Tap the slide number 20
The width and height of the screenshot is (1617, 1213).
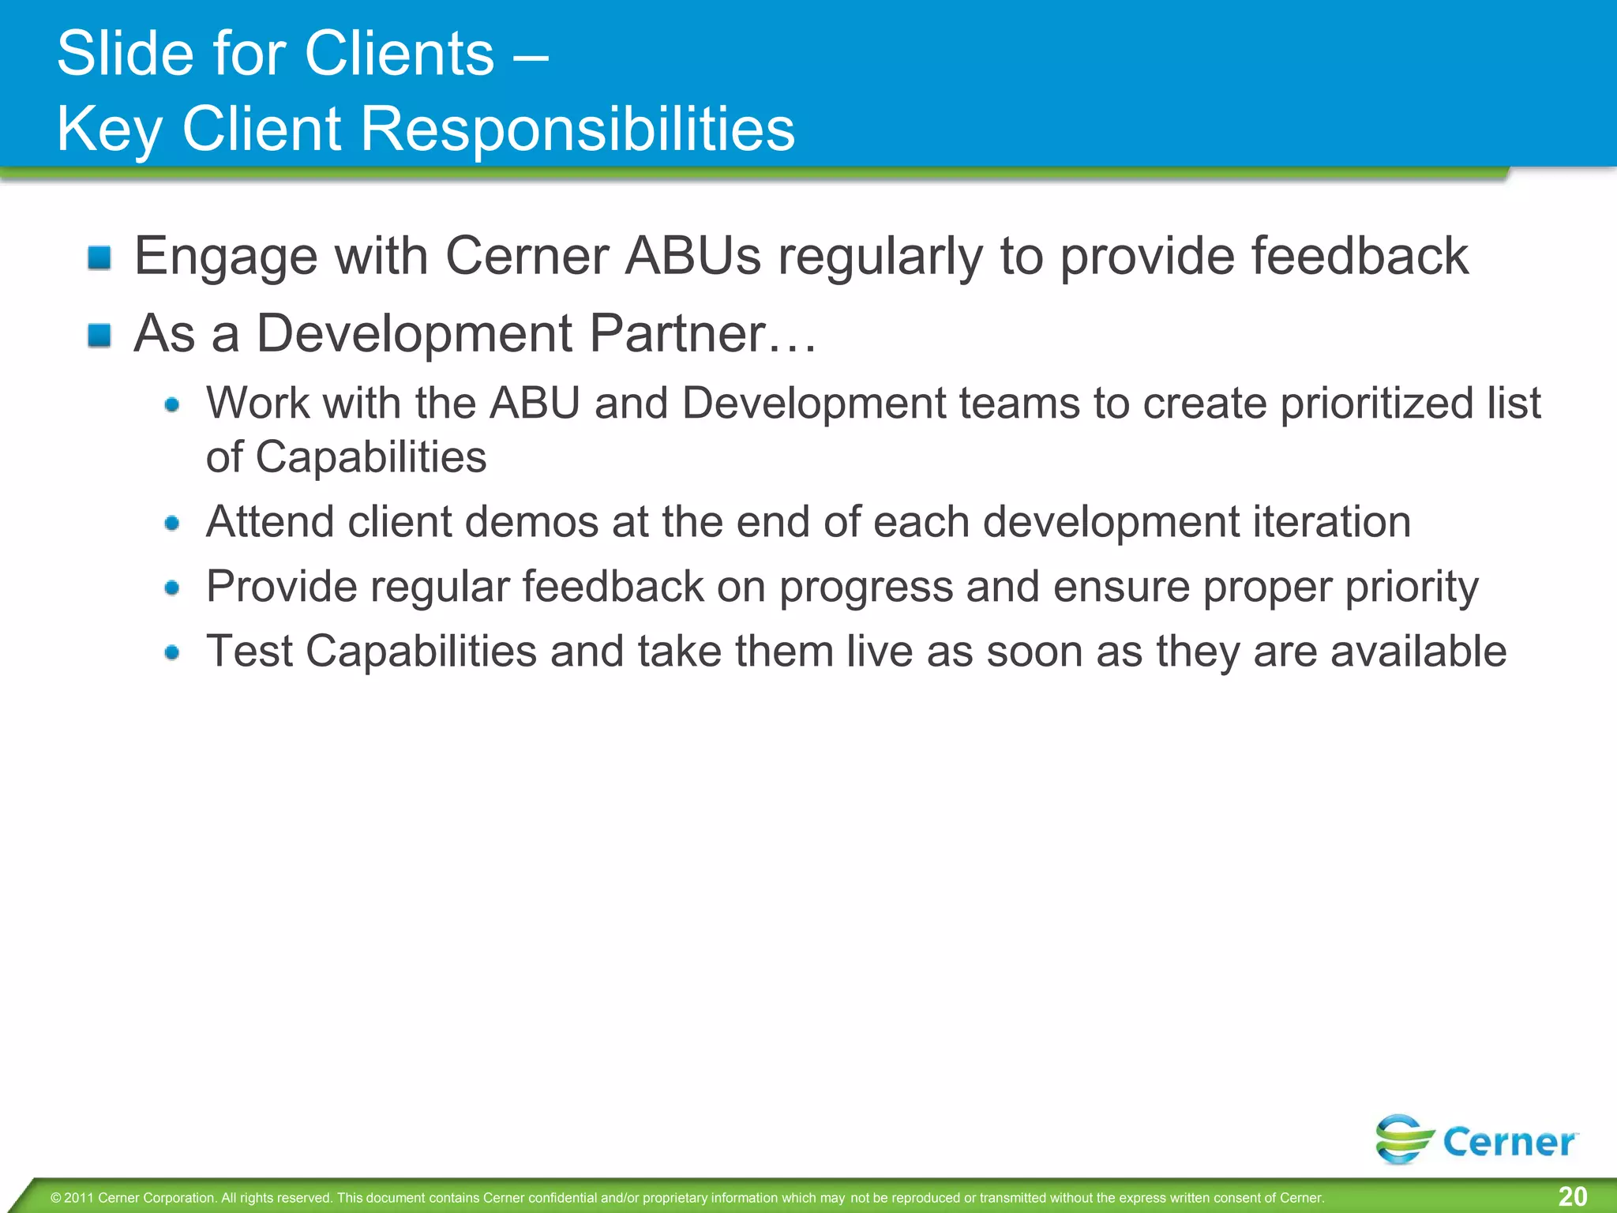[x=1572, y=1196]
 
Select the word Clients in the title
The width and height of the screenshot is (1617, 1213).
[x=400, y=54]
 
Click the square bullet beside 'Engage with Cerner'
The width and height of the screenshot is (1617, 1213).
[x=99, y=257]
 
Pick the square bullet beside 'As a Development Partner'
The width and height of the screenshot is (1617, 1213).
[x=99, y=335]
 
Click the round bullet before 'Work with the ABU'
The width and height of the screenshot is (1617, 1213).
[x=172, y=405]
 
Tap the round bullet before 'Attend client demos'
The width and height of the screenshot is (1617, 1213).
[x=172, y=523]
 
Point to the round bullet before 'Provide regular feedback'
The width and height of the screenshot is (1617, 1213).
[x=172, y=588]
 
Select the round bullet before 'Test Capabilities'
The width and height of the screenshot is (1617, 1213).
[x=172, y=652]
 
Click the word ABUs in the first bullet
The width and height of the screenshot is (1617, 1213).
[x=693, y=256]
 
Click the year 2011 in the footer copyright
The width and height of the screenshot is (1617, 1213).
[x=79, y=1198]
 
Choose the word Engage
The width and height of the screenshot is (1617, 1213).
[x=225, y=257]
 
